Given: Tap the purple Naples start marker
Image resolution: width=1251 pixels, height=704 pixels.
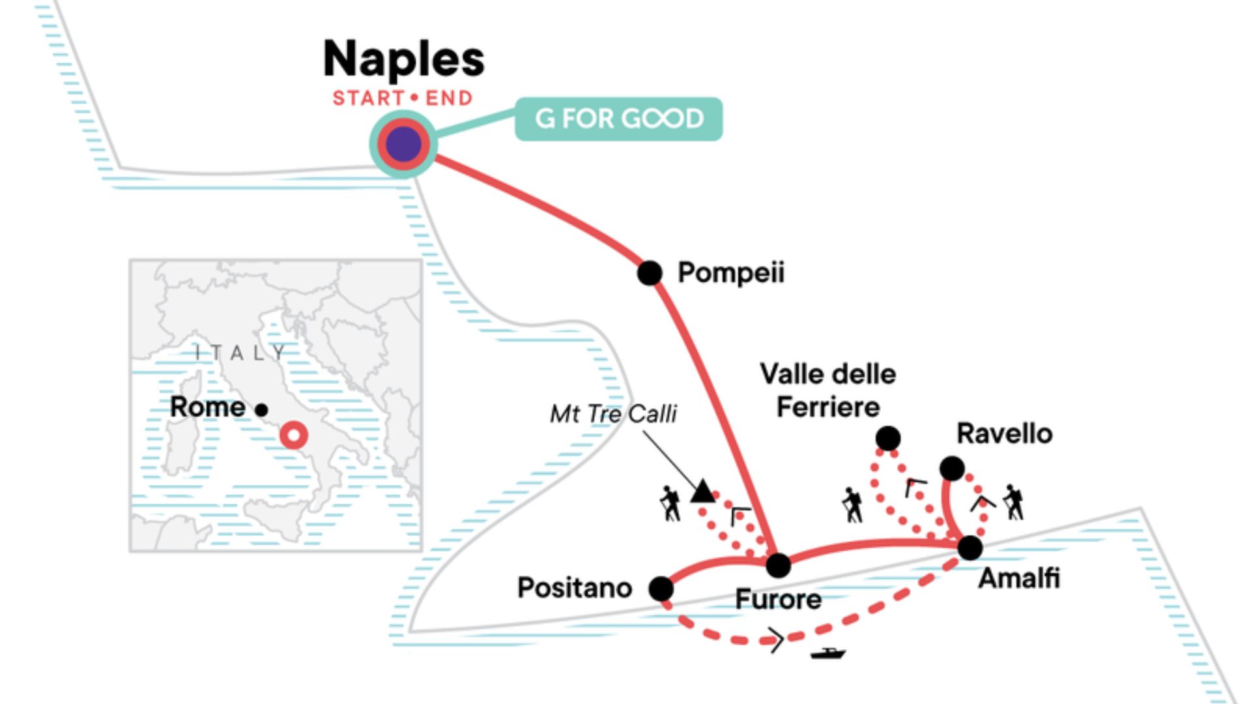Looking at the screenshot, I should coord(403,144).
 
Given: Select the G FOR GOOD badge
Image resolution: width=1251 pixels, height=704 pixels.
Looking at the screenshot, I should coord(618,119).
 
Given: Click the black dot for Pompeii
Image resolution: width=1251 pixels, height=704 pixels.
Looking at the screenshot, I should coord(650,272).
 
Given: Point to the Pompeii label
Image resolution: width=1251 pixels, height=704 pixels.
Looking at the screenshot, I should coord(731,272).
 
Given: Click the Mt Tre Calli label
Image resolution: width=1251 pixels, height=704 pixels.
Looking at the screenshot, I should coord(613,413).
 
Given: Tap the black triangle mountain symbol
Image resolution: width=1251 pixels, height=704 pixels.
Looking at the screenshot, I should coord(702,491).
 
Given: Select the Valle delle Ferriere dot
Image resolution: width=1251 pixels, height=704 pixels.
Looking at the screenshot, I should coord(888,438).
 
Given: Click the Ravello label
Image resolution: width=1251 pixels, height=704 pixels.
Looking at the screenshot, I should coord(1004,433).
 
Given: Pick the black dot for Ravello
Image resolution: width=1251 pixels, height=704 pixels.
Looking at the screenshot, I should coord(952,468).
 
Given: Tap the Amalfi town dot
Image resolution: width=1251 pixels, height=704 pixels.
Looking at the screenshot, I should coord(970,548).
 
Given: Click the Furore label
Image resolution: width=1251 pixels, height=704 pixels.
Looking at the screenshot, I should coord(778,599).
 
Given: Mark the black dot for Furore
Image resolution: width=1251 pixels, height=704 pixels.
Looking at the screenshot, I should coord(778,565).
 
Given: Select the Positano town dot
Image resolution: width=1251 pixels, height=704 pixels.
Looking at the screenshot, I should coord(661,589).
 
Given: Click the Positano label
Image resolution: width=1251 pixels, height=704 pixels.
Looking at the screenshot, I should coord(574,588).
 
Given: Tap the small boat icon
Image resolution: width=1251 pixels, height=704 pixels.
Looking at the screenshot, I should coord(827,653).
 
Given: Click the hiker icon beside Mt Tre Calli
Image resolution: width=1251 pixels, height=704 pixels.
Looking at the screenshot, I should coord(670,503).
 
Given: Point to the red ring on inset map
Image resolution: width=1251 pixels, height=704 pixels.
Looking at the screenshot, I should coord(294,435).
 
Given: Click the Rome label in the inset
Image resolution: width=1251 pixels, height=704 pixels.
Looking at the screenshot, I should coord(207,407).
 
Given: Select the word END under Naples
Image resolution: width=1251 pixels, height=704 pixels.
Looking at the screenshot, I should coord(449,98).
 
